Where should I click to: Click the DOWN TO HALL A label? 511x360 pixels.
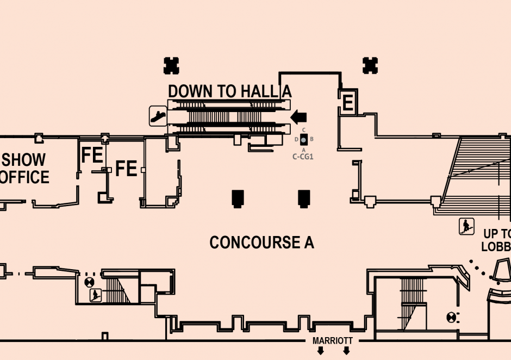pyautogui.click(x=229, y=91)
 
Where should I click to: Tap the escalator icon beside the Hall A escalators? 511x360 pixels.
pyautogui.click(x=158, y=115)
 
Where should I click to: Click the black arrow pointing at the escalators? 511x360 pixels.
pyautogui.click(x=298, y=116)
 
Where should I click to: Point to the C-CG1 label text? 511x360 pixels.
pyautogui.click(x=304, y=157)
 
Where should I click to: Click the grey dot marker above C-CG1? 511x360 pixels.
pyautogui.click(x=304, y=140)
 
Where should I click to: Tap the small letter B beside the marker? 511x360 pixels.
pyautogui.click(x=311, y=139)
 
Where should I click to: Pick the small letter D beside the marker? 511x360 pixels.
pyautogui.click(x=296, y=140)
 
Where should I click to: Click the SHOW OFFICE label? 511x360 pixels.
pyautogui.click(x=24, y=169)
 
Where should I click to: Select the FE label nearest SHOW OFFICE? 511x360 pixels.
pyautogui.click(x=92, y=156)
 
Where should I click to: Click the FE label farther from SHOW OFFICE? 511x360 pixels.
pyautogui.click(x=126, y=169)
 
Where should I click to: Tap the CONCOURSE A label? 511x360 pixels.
pyautogui.click(x=261, y=243)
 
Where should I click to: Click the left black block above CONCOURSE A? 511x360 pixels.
pyautogui.click(x=237, y=198)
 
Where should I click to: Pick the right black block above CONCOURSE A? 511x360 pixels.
pyautogui.click(x=304, y=198)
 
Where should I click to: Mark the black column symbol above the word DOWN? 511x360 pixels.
pyautogui.click(x=172, y=65)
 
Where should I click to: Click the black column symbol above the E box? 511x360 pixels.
pyautogui.click(x=370, y=65)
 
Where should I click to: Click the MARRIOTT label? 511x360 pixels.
pyautogui.click(x=333, y=341)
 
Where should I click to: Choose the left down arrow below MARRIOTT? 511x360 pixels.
pyautogui.click(x=321, y=351)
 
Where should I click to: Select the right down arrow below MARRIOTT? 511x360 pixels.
pyautogui.click(x=346, y=351)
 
